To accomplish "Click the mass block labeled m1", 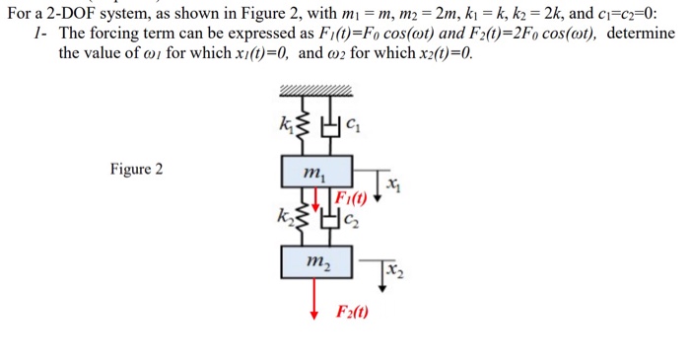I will coord(316,175).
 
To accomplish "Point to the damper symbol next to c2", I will coord(331,219).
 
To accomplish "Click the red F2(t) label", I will coord(353,314).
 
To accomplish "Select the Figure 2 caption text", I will coord(137,169).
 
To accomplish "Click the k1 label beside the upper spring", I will coord(287,124).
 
